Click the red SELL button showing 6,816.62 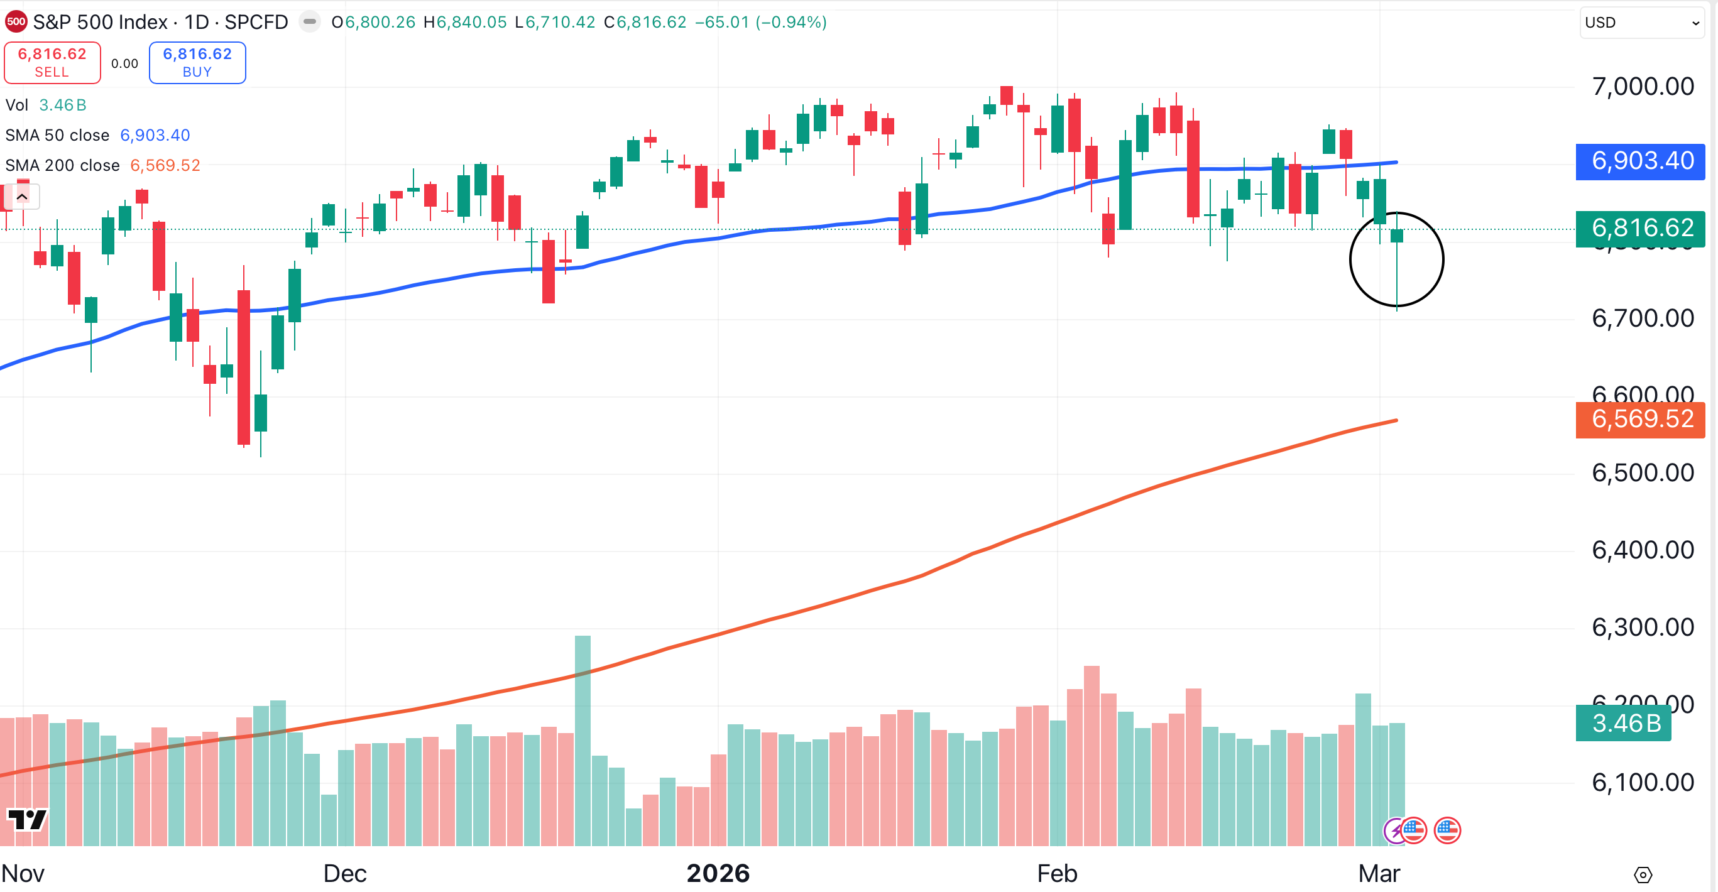point(52,63)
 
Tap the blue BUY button point(197,63)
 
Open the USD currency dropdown point(1641,23)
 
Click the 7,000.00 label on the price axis point(1642,87)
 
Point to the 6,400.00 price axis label point(1642,551)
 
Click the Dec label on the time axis point(345,873)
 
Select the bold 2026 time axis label point(718,873)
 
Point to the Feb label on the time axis point(1057,873)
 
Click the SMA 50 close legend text point(57,135)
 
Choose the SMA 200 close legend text point(63,165)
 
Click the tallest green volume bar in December point(583,740)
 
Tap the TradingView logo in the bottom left point(26,819)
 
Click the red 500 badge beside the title point(16,22)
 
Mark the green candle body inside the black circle point(1396,236)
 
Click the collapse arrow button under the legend point(22,197)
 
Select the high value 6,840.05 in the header point(471,22)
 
